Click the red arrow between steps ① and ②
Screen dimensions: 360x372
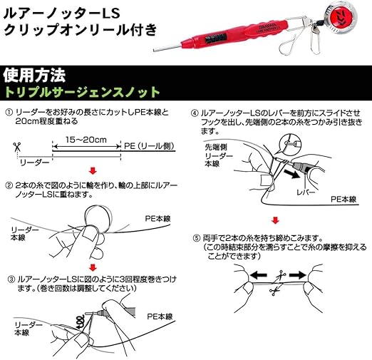coord(91,170)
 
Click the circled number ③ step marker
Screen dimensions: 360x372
coord(9,279)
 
